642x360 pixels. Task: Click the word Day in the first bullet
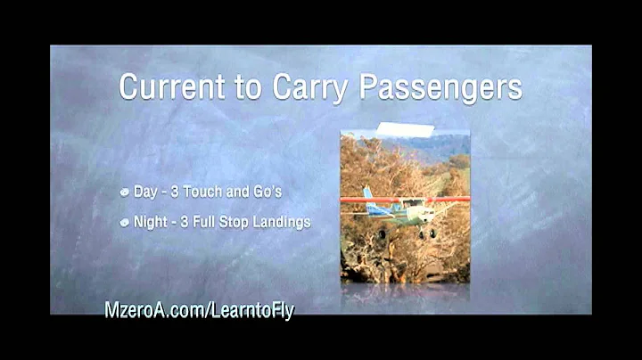coord(144,192)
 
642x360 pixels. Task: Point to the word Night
coord(151,222)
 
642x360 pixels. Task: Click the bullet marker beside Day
coord(125,192)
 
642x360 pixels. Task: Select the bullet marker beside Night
coord(125,222)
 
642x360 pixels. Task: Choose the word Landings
coord(284,222)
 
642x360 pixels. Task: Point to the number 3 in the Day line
coord(175,192)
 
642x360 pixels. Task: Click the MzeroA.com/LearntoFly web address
coord(199,310)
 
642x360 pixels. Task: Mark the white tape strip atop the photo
coord(405,130)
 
